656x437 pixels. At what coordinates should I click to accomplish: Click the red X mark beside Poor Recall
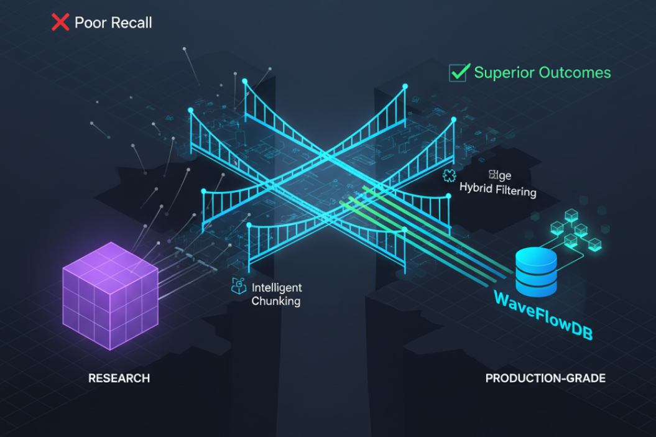point(60,23)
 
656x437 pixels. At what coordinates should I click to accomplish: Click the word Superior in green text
point(503,73)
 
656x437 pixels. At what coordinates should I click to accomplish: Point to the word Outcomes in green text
point(575,73)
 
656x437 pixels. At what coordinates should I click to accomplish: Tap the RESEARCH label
point(119,379)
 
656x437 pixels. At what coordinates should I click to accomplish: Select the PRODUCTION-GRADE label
point(545,379)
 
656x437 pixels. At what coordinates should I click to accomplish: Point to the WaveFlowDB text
point(543,315)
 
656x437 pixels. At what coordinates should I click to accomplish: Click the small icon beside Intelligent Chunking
point(239,286)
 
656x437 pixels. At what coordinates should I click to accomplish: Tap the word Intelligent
point(277,288)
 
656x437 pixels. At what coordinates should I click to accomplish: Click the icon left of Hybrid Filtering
point(449,176)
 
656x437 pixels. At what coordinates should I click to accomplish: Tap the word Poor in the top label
point(89,23)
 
